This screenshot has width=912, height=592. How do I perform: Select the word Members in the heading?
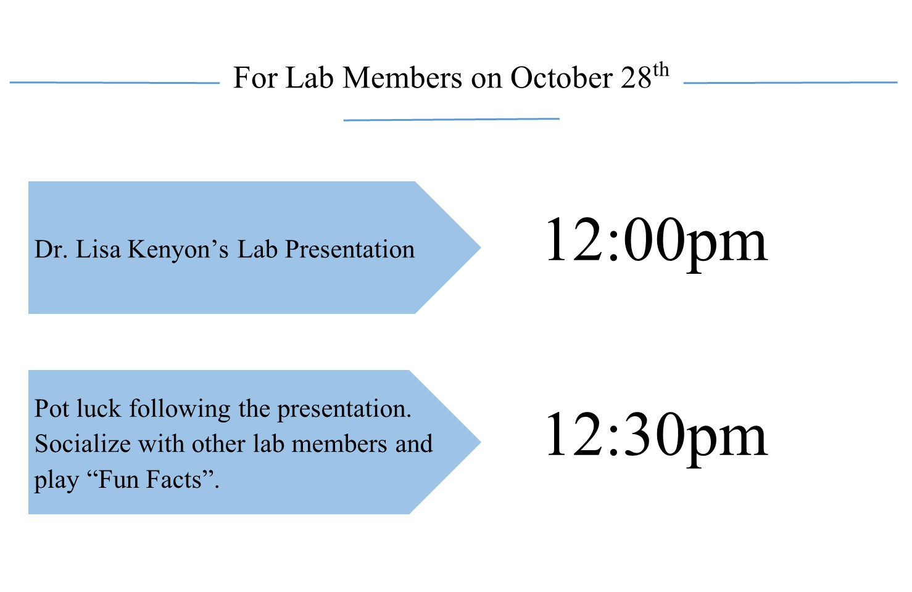(402, 77)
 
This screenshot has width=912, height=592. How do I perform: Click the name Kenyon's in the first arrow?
(179, 250)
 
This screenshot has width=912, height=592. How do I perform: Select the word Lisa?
(98, 249)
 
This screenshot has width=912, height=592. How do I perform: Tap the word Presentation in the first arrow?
(349, 249)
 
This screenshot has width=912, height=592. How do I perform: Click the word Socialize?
(83, 443)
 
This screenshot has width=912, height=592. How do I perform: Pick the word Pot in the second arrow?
(52, 408)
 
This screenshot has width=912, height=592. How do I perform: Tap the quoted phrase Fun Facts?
(150, 479)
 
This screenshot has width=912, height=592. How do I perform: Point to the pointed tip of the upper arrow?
(481, 247)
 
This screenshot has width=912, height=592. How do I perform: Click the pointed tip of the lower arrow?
(481, 442)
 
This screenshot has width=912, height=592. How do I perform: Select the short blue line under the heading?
(451, 120)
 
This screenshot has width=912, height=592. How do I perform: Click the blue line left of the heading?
(114, 83)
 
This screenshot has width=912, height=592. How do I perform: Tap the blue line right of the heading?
(790, 83)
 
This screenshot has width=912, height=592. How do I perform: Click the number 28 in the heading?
(636, 78)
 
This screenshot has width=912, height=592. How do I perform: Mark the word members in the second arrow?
(339, 443)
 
